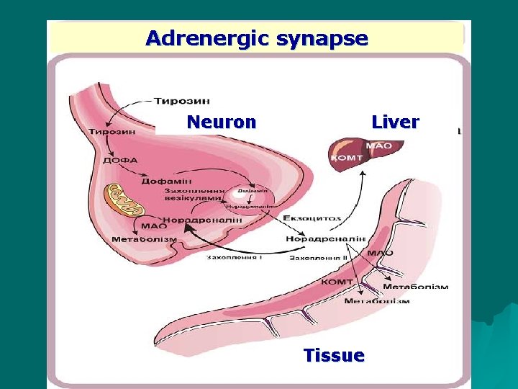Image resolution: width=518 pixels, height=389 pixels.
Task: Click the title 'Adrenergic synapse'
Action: coord(256,38)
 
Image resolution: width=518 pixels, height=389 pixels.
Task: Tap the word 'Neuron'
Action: coord(221,122)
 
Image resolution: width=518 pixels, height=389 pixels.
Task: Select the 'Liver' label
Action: coord(395,122)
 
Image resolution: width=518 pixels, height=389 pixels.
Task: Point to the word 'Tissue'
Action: coord(334,355)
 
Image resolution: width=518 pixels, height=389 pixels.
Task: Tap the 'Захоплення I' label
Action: coord(234,257)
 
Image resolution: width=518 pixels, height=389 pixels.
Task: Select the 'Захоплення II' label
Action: coord(319,257)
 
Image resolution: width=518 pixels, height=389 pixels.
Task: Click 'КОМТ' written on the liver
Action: coord(347,157)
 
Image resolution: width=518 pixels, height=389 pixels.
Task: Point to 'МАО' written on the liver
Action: coord(378,146)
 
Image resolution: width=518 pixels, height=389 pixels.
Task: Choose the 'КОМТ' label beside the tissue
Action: coord(336,282)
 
